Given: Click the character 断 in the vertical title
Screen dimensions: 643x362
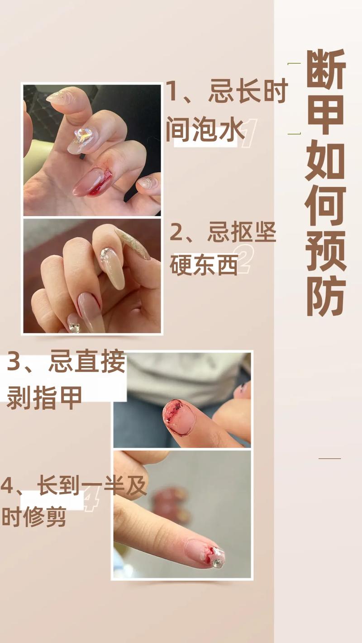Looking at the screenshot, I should click(326, 69).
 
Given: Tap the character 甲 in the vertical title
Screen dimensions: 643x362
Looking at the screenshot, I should click(326, 114).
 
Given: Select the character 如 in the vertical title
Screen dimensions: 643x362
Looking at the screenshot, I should click(326, 161).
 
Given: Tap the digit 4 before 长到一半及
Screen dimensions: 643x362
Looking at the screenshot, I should click(7, 486).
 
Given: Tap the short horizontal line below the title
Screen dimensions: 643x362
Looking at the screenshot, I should click(329, 459).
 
